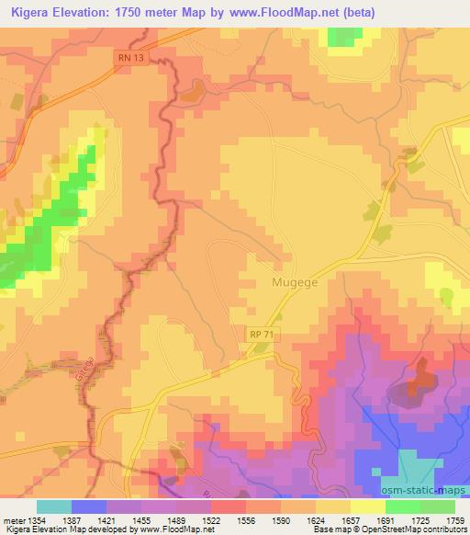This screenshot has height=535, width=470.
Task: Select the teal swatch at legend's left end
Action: [53, 507]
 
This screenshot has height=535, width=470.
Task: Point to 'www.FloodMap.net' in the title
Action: [288, 12]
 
